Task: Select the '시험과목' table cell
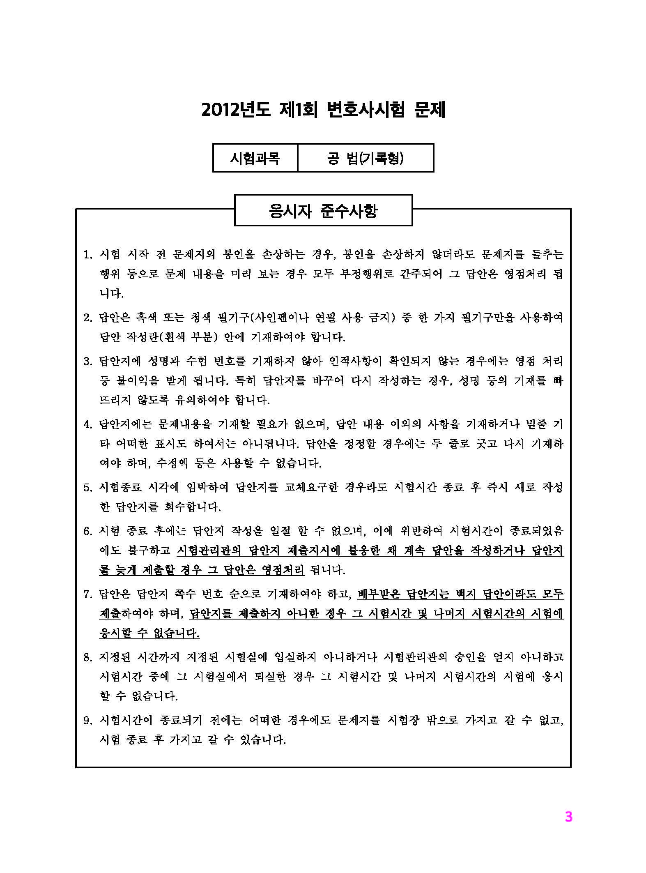click(255, 158)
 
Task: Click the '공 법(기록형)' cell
click(365, 158)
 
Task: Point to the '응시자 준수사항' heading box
click(323, 210)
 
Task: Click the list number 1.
click(87, 255)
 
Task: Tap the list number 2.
click(87, 318)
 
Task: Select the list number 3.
click(87, 361)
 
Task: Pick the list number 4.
click(87, 424)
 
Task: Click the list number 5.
click(87, 488)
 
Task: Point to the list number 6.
click(87, 531)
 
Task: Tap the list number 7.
click(87, 594)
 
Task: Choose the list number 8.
click(87, 658)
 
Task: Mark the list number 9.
click(87, 721)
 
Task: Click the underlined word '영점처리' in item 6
click(283, 570)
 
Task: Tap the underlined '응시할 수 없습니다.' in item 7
click(149, 633)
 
